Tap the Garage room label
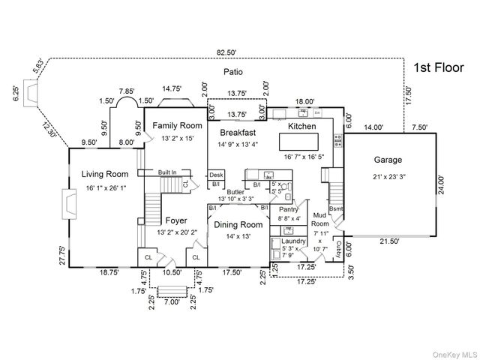click(x=388, y=160)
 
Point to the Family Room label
click(x=178, y=125)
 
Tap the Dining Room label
click(x=238, y=224)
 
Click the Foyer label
click(x=177, y=221)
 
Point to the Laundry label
click(x=294, y=241)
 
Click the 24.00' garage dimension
click(x=441, y=182)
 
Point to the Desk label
click(x=216, y=175)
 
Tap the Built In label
click(x=167, y=172)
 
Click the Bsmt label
click(x=337, y=208)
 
